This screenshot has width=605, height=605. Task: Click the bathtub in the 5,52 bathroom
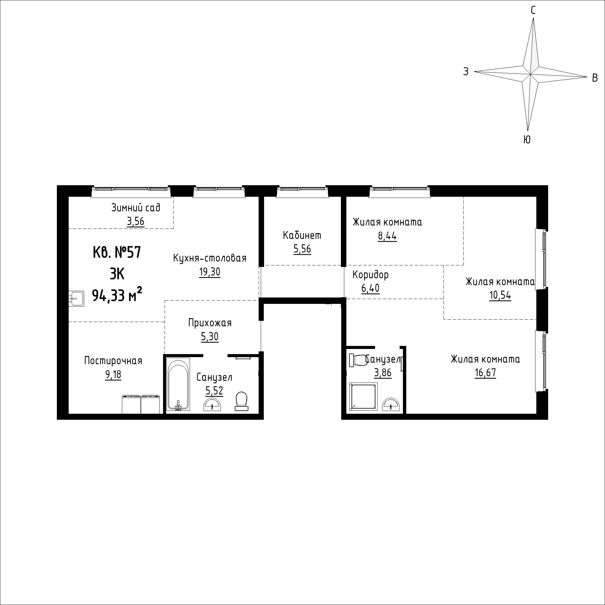pos(178,384)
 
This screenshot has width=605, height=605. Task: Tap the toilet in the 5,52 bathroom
pos(241,401)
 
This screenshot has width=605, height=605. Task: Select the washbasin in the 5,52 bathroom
pos(213,405)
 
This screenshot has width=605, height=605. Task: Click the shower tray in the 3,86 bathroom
pos(363,396)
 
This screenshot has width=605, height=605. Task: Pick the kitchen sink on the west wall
pos(76,299)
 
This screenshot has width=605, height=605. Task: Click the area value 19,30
pos(210,272)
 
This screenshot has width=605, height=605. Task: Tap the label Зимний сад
pos(136,208)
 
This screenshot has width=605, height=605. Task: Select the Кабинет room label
pos(302,235)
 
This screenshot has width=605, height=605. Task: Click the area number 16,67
pos(486,373)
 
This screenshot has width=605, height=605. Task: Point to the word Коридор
pos(371,275)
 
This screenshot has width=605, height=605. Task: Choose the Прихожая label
pos(210,323)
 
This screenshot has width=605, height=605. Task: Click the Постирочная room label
pos(113,361)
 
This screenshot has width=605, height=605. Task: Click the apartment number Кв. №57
pos(117,252)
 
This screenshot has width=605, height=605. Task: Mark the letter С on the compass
pos(533,11)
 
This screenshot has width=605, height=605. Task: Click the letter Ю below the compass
pos(527,140)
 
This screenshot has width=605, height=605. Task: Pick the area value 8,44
pos(388,236)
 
